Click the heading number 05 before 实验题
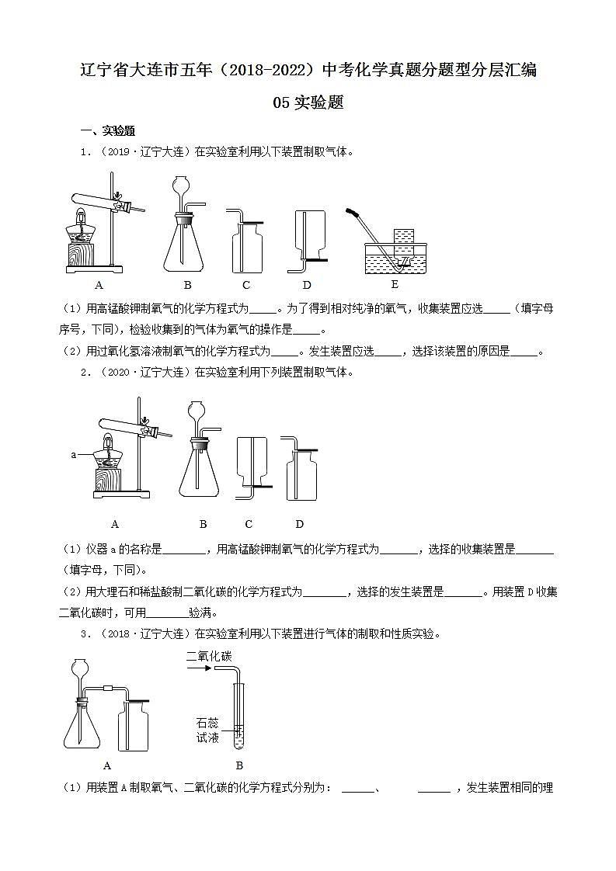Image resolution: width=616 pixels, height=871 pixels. tap(282, 102)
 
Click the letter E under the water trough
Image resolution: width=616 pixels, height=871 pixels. tap(395, 283)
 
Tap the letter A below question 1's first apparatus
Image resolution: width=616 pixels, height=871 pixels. tap(99, 284)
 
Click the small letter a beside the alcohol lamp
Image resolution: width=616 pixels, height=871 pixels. tap(74, 455)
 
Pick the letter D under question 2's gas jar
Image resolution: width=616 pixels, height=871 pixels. tap(300, 524)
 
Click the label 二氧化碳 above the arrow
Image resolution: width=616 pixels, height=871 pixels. tap(209, 657)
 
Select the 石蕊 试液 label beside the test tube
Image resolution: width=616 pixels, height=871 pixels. tap(208, 730)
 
